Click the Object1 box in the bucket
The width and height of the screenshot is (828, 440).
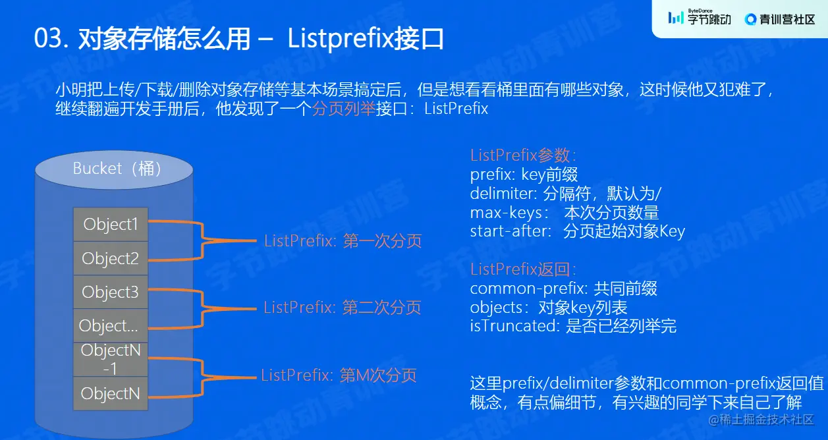(111, 225)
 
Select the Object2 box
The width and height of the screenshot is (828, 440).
(111, 259)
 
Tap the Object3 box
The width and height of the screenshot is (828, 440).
(111, 292)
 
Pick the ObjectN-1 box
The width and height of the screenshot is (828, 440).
(111, 360)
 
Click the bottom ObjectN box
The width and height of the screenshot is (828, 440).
(111, 394)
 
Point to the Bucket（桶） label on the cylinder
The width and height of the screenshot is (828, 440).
(118, 169)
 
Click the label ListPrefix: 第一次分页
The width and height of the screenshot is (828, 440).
(343, 241)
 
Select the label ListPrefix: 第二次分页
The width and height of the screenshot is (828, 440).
(342, 308)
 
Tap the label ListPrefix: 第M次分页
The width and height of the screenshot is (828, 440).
(339, 376)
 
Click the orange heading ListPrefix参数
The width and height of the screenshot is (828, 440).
(523, 156)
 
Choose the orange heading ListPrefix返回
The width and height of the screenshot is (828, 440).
(523, 269)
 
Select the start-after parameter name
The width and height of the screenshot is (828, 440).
(509, 231)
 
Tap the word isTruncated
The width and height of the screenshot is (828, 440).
(514, 326)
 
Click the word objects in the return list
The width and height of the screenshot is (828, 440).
(495, 308)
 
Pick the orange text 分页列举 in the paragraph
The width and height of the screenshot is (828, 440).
(343, 109)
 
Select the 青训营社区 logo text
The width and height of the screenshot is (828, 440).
(779, 19)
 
